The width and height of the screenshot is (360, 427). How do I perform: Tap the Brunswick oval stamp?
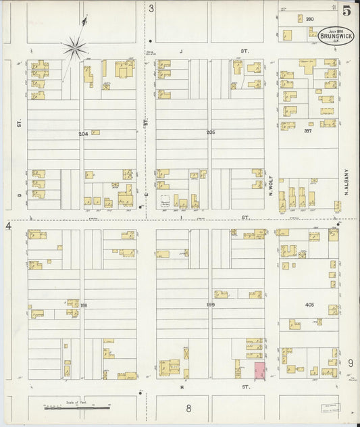pyautogui.click(x=335, y=36)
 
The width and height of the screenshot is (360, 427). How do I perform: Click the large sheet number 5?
pyautogui.click(x=346, y=10)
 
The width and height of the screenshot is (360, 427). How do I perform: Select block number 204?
pyautogui.click(x=83, y=134)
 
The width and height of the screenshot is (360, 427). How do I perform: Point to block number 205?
pyautogui.click(x=210, y=132)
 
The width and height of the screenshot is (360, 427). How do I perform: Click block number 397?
pyautogui.click(x=308, y=131)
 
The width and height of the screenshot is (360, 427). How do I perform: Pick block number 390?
pyautogui.click(x=309, y=19)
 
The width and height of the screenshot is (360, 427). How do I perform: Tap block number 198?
pyautogui.click(x=83, y=305)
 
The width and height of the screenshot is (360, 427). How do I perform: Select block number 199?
pyautogui.click(x=210, y=305)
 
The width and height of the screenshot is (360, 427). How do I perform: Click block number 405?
pyautogui.click(x=309, y=305)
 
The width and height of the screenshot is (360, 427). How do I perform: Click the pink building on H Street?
pyautogui.click(x=259, y=370)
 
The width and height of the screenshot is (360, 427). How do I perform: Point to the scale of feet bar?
pyautogui.click(x=76, y=407)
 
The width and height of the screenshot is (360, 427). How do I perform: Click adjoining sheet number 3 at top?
pyautogui.click(x=151, y=9)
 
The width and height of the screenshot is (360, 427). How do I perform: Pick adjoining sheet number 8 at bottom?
pyautogui.click(x=189, y=407)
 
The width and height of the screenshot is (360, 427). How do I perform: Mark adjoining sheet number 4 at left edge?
pyautogui.click(x=9, y=225)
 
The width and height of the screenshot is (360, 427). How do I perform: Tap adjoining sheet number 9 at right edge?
pyautogui.click(x=351, y=363)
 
